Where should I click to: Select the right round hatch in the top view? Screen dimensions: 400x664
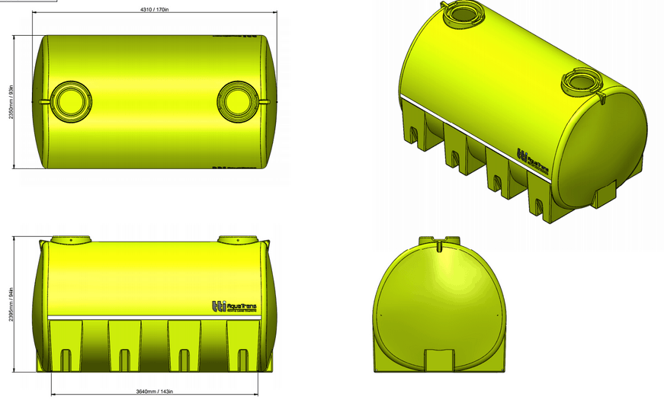point(236,101)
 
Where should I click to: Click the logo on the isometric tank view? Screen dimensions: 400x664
point(533,161)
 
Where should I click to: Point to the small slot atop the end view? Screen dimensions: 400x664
point(440,246)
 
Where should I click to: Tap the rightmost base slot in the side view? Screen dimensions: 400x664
point(242,359)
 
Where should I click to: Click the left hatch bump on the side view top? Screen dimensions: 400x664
point(70,239)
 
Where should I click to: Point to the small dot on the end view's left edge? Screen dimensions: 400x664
point(380,312)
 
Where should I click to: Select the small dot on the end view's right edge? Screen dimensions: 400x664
point(501,312)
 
